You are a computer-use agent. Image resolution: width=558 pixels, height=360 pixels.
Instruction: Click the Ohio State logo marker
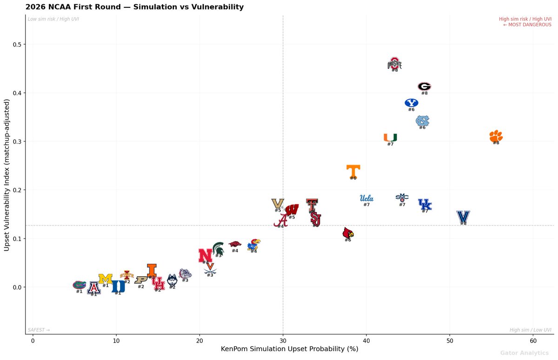point(394,64)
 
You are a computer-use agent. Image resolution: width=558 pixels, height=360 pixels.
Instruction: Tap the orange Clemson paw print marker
point(496,136)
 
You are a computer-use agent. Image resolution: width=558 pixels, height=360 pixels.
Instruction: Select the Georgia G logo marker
point(424,86)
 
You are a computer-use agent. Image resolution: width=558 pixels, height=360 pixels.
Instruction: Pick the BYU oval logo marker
point(412,103)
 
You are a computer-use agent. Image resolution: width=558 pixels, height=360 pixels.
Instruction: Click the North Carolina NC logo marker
point(422,121)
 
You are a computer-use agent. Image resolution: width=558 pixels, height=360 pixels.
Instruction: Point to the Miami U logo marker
point(390,137)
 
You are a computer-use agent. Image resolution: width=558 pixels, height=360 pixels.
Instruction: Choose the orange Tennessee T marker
point(353,171)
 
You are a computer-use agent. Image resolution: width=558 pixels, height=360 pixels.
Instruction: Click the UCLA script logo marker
point(366,198)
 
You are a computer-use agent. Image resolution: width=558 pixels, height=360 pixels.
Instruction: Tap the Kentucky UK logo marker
point(425,204)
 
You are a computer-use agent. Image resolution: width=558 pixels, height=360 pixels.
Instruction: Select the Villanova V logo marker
point(463,216)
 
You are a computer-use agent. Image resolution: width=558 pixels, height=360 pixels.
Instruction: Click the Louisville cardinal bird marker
point(347,233)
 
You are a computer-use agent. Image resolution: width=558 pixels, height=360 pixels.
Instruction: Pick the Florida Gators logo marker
point(80,285)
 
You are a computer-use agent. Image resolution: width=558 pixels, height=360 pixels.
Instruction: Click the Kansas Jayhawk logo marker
point(254,245)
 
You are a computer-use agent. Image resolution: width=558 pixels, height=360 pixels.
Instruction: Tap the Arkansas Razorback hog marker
point(235,244)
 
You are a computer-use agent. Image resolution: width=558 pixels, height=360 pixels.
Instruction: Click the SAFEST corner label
point(39,330)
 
